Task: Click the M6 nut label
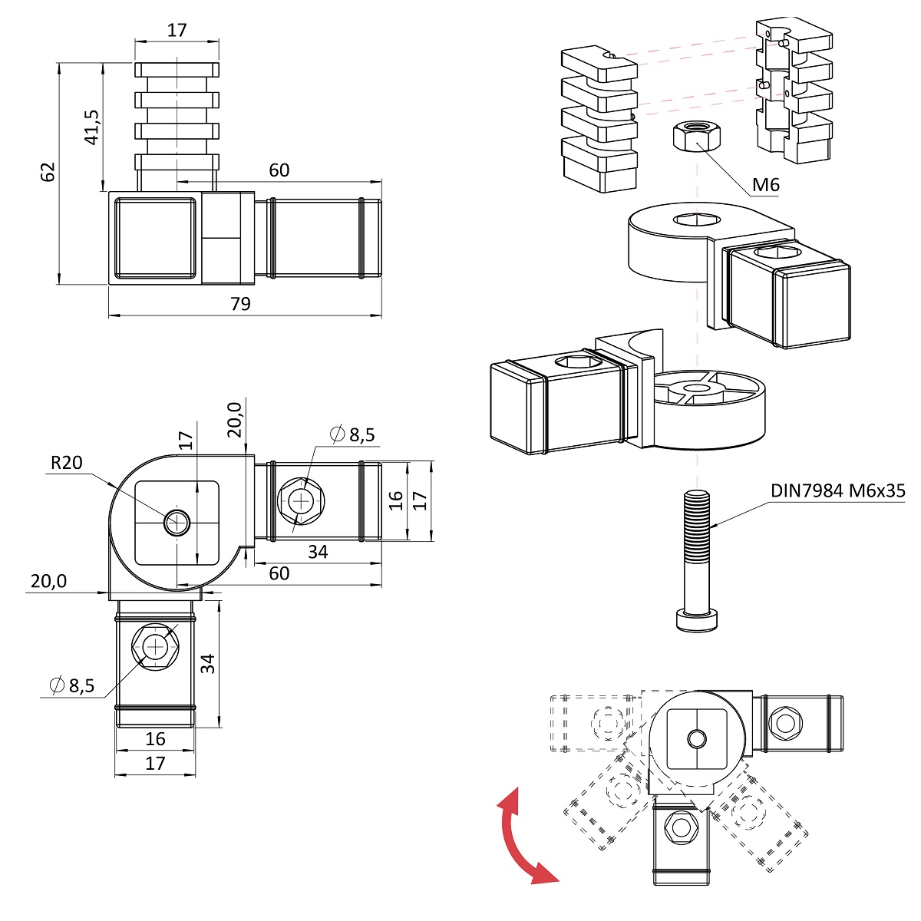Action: (765, 185)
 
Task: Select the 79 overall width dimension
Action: (240, 304)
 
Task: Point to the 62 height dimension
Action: (48, 172)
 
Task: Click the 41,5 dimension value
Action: (91, 127)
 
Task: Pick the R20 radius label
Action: (66, 463)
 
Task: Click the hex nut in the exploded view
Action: (697, 137)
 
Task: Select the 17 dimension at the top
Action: (177, 31)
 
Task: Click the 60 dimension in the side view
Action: (279, 170)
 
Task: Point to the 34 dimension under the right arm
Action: (317, 552)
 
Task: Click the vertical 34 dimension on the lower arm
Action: (208, 663)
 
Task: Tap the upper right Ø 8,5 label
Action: (352, 435)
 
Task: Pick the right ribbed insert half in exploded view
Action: (794, 92)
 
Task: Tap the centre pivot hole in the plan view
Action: (177, 522)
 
